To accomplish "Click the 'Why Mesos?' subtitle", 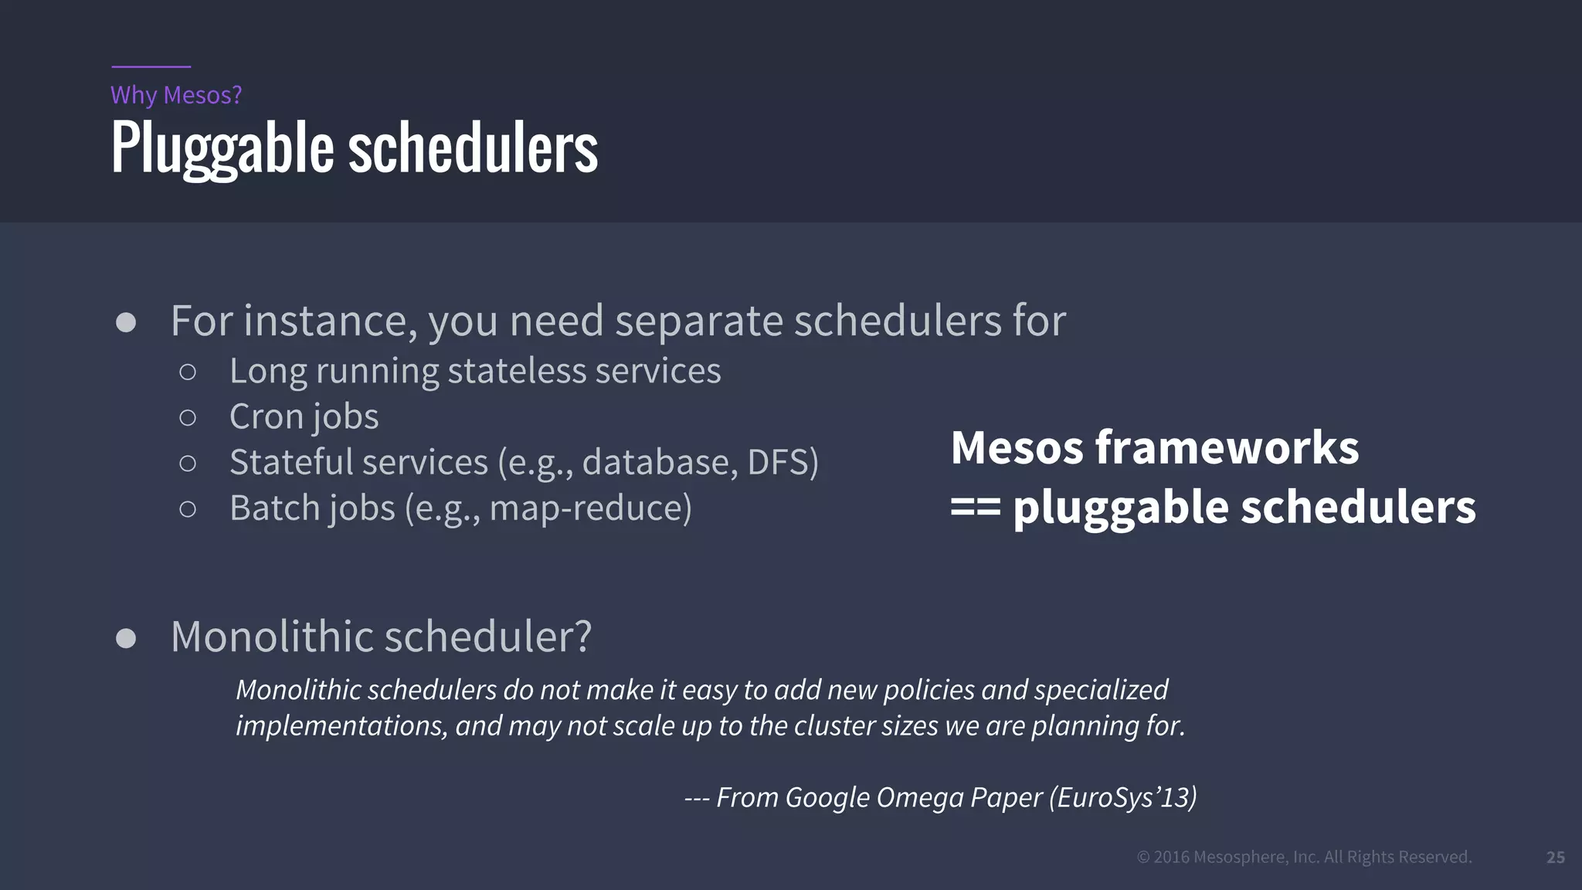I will [176, 95].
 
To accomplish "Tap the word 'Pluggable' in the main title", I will [222, 148].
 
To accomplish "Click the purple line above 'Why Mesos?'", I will [151, 66].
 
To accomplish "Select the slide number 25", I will [1555, 858].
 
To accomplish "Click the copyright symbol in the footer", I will [1143, 857].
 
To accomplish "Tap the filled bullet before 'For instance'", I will [126, 322].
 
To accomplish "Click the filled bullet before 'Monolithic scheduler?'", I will [126, 638].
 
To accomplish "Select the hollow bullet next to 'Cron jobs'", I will [187, 418].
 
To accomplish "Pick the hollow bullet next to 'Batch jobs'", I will [187, 509].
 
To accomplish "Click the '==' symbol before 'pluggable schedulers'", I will [975, 508].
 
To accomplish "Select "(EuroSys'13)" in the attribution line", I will [1122, 797].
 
